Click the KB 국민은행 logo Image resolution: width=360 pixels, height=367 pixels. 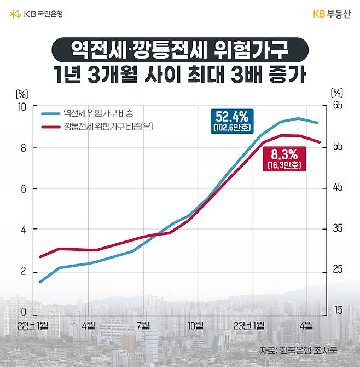[x=36, y=14]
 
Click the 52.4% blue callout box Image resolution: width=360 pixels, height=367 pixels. [x=231, y=121]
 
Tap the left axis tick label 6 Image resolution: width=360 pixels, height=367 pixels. [x=23, y=189]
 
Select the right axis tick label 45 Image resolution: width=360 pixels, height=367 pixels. [x=338, y=188]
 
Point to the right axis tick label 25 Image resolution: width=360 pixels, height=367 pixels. [x=338, y=269]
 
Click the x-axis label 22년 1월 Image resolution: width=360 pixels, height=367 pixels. [x=32, y=325]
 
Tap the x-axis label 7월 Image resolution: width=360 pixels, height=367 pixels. [x=143, y=325]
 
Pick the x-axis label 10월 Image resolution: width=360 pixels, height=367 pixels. [x=195, y=325]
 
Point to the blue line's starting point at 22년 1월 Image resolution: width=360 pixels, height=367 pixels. [x=40, y=282]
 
